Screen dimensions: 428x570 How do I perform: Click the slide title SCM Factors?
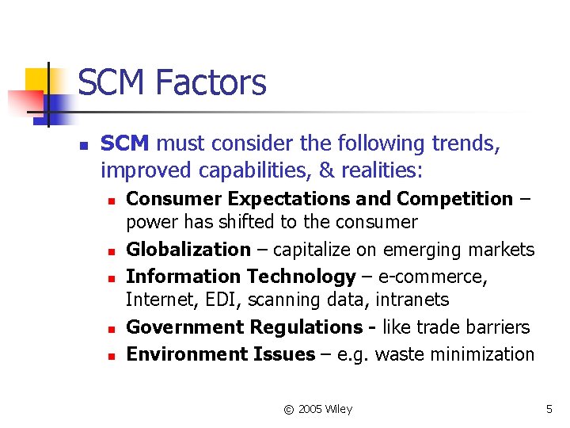tap(172, 82)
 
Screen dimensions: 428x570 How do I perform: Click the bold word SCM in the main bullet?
tap(125, 143)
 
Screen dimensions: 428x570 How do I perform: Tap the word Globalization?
tap(188, 250)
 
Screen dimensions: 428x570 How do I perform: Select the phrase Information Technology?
tap(241, 277)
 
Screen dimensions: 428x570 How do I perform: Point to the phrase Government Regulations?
tap(245, 327)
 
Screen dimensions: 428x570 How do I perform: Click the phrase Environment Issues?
tap(221, 354)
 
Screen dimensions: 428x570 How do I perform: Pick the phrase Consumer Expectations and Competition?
tap(319, 199)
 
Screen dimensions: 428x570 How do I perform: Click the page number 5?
tap(549, 409)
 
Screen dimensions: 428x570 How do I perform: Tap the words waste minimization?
tap(455, 354)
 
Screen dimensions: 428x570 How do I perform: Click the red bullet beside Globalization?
tap(112, 251)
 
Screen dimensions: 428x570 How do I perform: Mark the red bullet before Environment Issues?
tap(112, 356)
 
